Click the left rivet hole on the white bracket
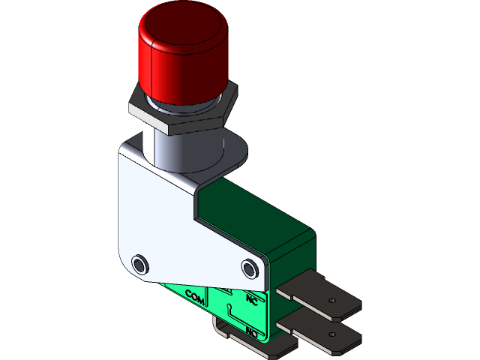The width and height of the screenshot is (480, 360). tap(139, 264)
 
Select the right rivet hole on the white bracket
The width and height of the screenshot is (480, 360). tap(250, 268)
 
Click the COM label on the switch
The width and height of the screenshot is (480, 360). tap(194, 298)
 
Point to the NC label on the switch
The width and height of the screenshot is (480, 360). tap(251, 301)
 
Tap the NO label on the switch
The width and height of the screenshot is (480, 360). tap(252, 332)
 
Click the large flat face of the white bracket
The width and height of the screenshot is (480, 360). tap(157, 217)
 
